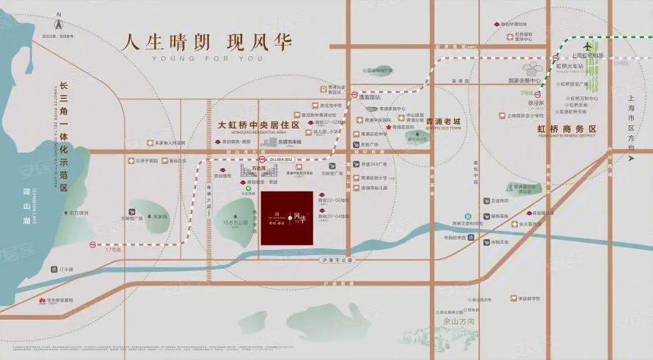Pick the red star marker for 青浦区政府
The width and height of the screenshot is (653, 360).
387,128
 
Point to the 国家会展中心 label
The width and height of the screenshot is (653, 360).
524,81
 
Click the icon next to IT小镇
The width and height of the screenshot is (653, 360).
51,270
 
